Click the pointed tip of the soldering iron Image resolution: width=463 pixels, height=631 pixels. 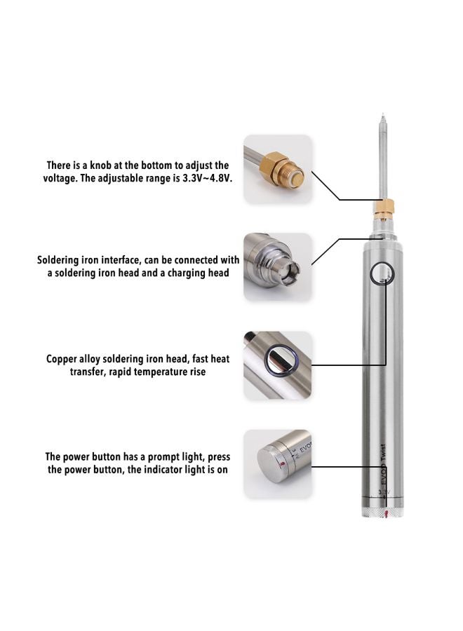coord(383,116)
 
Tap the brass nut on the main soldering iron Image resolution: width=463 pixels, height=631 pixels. coord(383,206)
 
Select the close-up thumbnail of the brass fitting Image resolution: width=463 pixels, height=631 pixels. coord(277,169)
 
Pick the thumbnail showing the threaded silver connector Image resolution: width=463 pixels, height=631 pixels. coord(277,267)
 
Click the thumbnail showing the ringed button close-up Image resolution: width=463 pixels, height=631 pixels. coord(277,365)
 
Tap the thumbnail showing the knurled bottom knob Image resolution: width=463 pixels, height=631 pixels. coord(277,463)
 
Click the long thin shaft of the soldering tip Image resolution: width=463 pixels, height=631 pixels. coord(383,161)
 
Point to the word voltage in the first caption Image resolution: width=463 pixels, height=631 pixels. coord(61,178)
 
